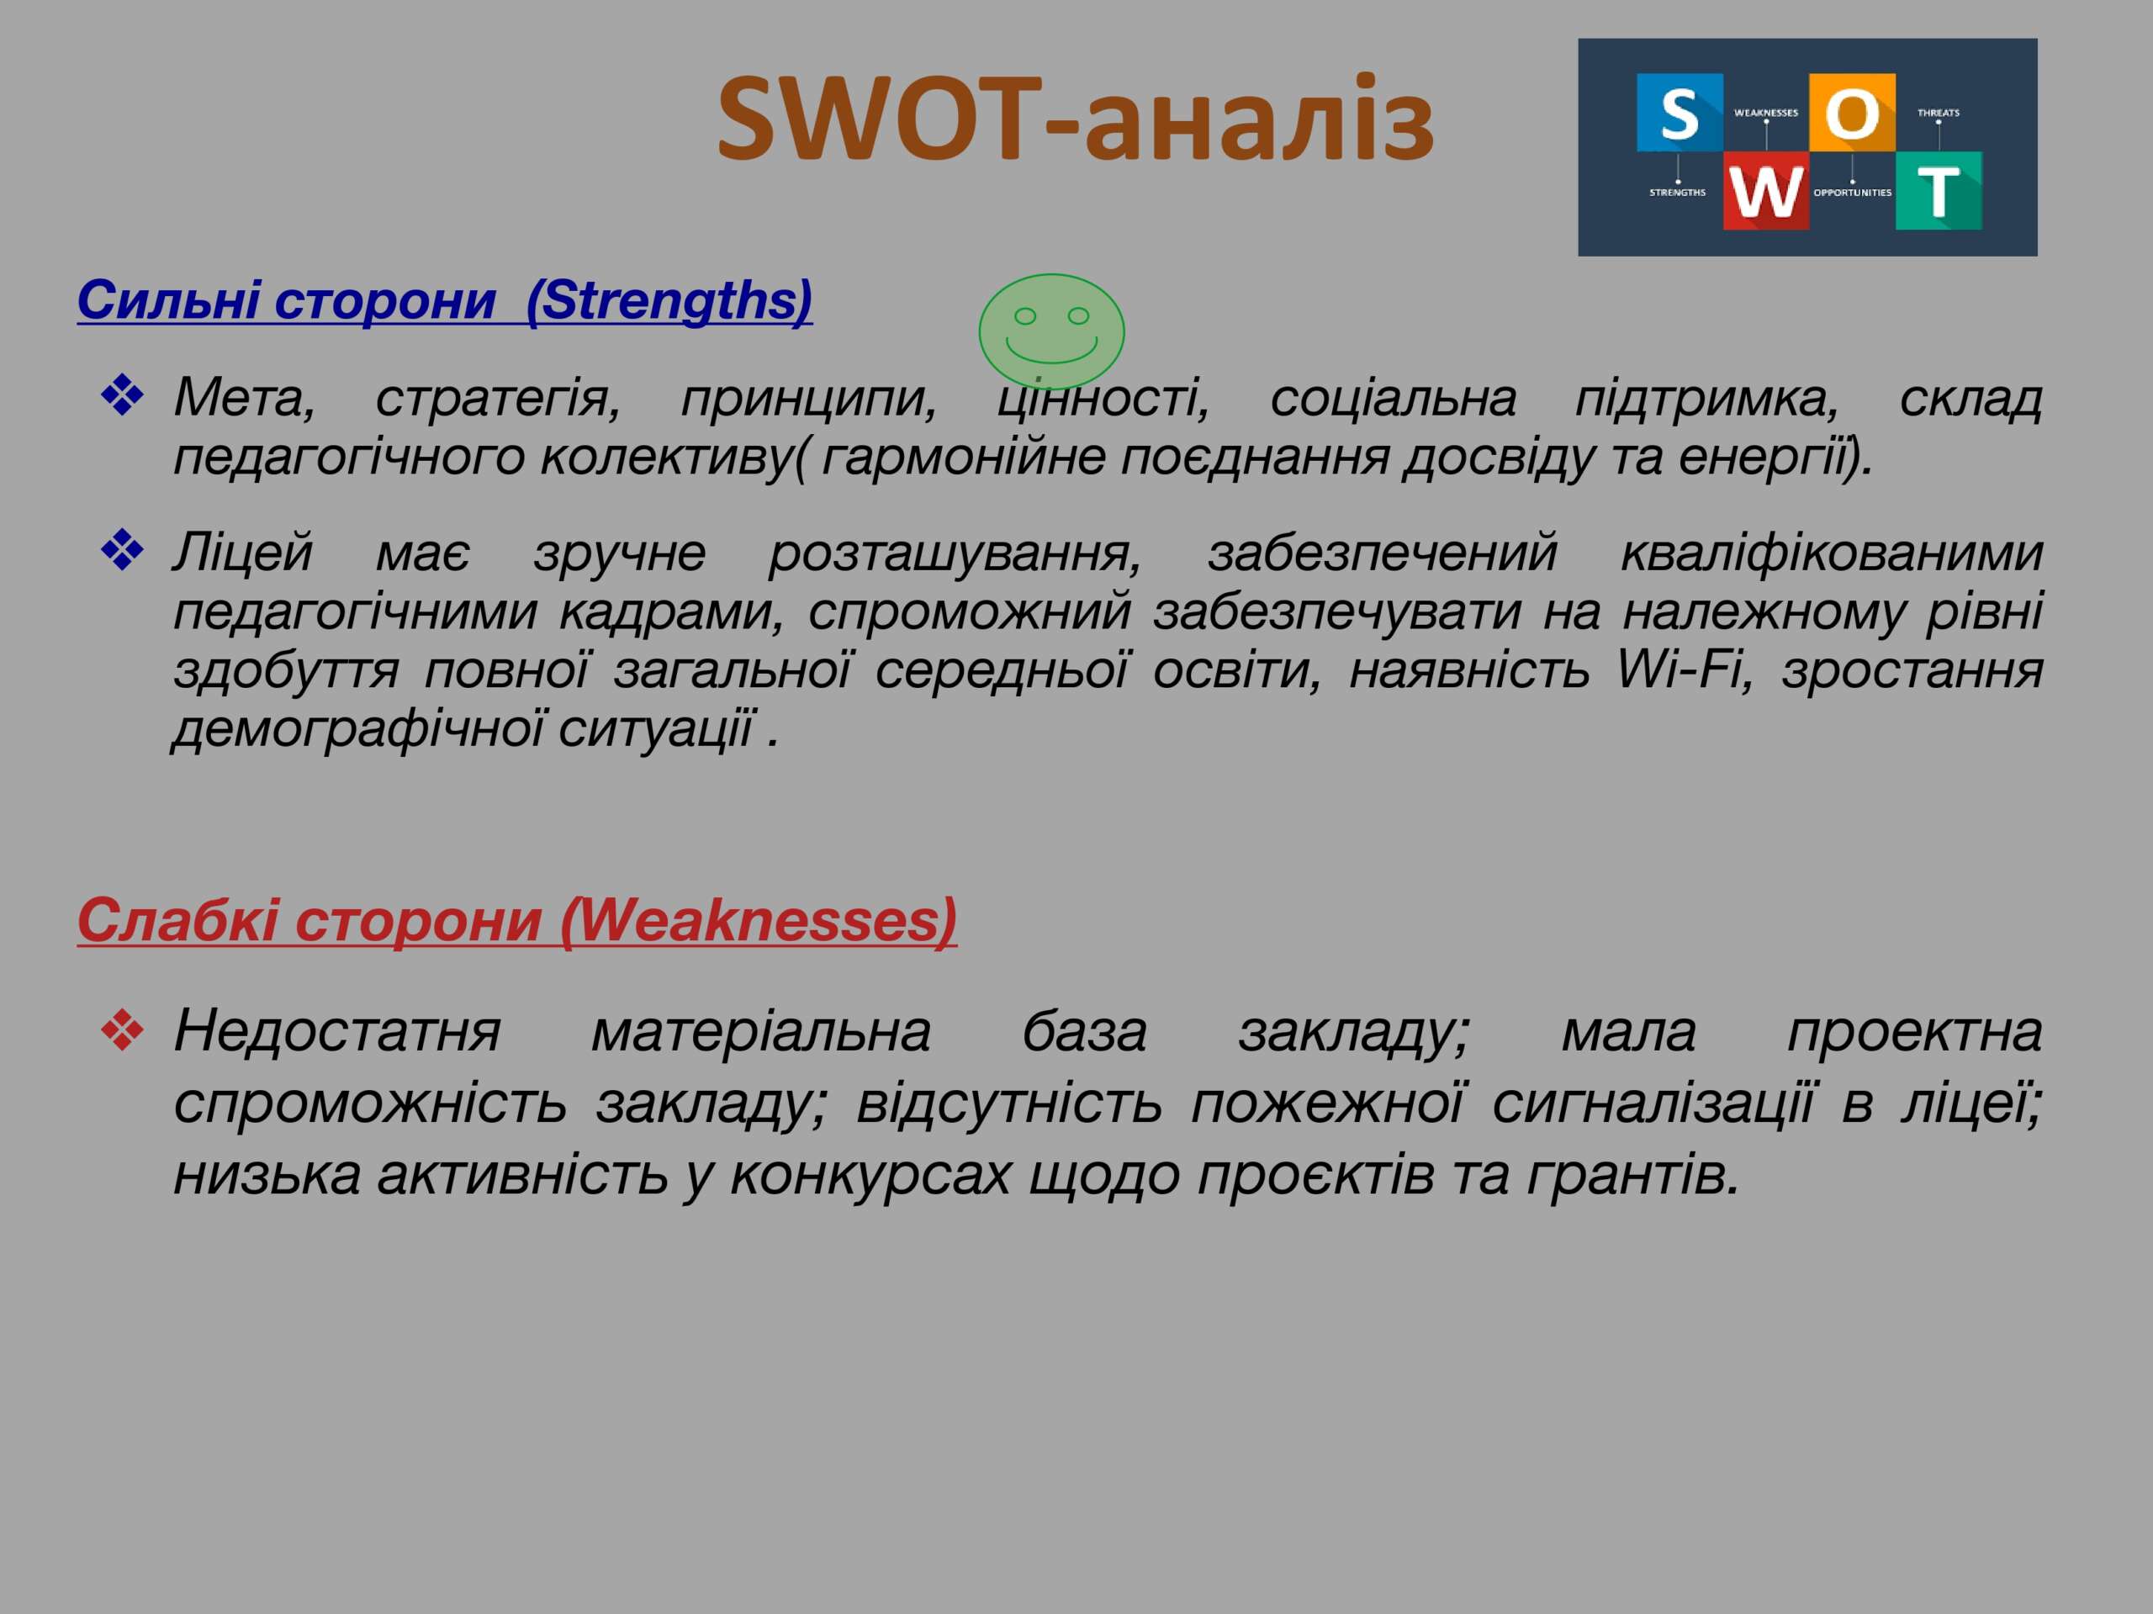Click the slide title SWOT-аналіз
coord(1075,119)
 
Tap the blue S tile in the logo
coord(1679,112)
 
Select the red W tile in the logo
coord(1765,191)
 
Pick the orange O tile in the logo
coord(1852,112)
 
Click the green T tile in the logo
coord(1939,191)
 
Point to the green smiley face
coord(1051,332)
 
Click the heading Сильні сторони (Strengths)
coord(445,301)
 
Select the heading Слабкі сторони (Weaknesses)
coord(517,920)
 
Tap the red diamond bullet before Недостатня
coord(123,1030)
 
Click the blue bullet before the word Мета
coord(123,396)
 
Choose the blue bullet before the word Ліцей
coord(123,551)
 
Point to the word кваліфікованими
coord(1831,553)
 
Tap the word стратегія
coord(499,398)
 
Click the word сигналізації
coord(1653,1103)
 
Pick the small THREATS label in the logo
coord(1939,113)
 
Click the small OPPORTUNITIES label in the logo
coord(1852,193)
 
